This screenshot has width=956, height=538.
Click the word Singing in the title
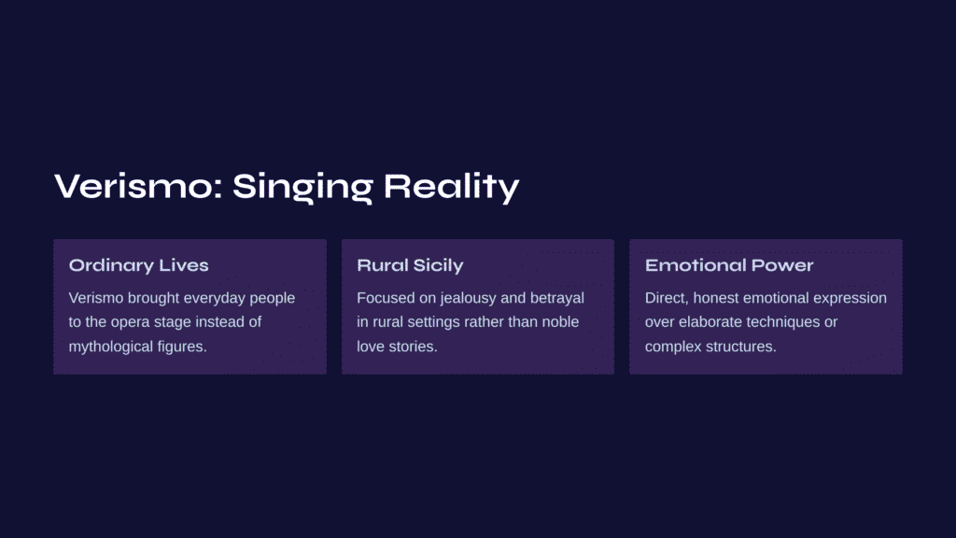[x=302, y=187]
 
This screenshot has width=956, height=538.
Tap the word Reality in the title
[x=451, y=187]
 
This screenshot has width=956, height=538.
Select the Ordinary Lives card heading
[x=138, y=265]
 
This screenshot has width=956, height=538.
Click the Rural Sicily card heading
[x=410, y=265]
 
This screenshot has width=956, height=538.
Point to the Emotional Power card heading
[x=729, y=265]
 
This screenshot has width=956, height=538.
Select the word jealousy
[x=469, y=298]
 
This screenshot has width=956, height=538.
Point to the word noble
[x=560, y=321]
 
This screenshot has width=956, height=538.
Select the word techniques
[x=780, y=322]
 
